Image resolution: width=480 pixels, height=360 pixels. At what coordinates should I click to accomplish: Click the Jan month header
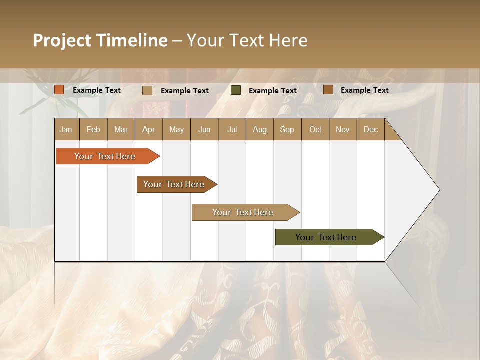(x=66, y=129)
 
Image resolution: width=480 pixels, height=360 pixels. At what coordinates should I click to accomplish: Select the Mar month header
(x=121, y=129)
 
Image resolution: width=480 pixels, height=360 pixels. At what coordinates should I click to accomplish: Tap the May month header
(x=176, y=129)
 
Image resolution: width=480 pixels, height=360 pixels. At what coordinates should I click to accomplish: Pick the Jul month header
(x=232, y=129)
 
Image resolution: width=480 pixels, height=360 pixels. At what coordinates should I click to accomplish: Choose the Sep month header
(x=287, y=129)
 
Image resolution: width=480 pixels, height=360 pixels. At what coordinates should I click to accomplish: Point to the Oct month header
(x=315, y=129)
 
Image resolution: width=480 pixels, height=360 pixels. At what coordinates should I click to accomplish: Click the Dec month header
(x=370, y=129)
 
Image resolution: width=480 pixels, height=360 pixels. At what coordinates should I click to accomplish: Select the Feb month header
(x=93, y=129)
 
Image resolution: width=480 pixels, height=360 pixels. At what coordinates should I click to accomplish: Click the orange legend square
(x=59, y=90)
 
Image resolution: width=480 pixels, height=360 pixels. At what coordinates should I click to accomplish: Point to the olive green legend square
(x=236, y=90)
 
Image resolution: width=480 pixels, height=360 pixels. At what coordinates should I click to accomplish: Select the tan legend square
(x=147, y=90)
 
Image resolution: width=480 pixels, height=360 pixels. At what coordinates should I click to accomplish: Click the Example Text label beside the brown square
(x=364, y=90)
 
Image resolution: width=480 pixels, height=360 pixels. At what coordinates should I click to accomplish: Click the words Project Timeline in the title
(x=100, y=40)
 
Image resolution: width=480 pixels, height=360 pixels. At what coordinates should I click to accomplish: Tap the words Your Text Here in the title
(x=247, y=40)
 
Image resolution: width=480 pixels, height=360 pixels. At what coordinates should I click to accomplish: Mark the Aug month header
(x=259, y=129)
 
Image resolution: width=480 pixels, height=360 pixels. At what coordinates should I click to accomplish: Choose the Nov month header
(x=342, y=129)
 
